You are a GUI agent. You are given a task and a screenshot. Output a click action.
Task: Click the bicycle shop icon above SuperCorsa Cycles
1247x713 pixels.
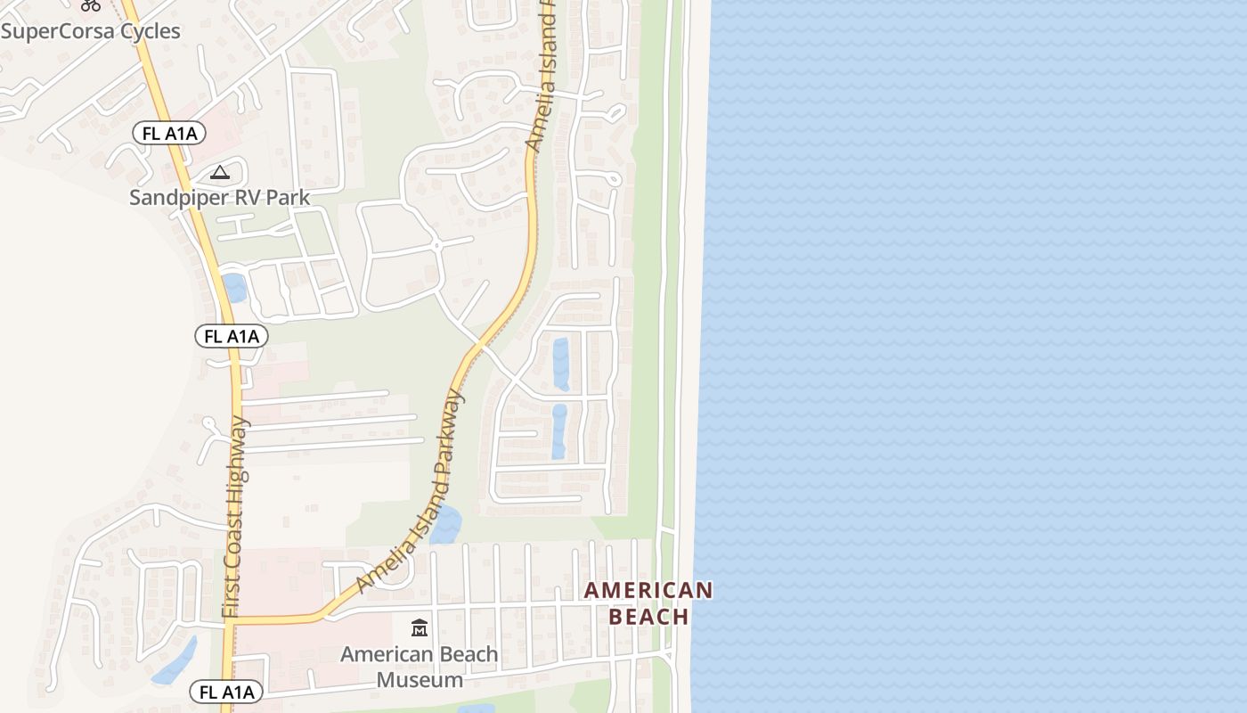point(90,4)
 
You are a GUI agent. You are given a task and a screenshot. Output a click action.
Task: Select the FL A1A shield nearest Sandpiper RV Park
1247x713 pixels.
point(169,134)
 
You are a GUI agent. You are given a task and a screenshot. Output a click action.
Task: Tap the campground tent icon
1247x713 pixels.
point(219,172)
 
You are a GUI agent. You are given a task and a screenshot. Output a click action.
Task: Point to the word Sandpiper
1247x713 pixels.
point(178,197)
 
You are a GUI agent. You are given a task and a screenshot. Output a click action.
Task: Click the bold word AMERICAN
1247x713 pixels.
point(648,590)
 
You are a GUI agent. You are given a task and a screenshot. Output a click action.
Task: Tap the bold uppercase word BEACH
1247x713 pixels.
point(648,617)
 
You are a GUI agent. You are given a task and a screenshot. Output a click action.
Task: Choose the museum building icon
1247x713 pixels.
point(420,628)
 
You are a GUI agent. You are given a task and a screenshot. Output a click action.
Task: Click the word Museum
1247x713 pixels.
point(420,680)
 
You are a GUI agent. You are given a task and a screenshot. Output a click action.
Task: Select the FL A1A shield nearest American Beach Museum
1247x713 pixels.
point(226,692)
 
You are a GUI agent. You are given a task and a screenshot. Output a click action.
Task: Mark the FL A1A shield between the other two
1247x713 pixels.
point(231,336)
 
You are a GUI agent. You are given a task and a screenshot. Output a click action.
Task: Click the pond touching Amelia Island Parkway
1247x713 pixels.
point(445,525)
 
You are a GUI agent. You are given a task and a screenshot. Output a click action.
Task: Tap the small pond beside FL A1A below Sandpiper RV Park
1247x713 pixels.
point(235,288)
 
